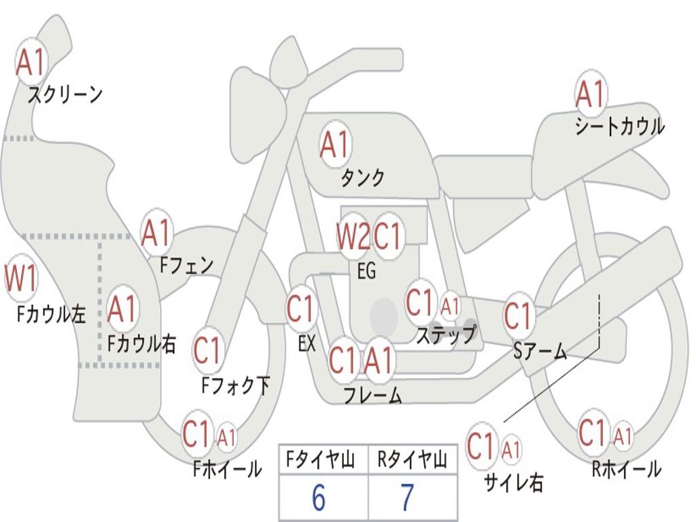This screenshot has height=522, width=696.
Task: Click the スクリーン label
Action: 65,94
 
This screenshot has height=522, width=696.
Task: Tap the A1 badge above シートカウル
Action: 591,94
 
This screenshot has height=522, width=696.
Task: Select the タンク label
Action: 363,178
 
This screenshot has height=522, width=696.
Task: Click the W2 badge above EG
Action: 353,238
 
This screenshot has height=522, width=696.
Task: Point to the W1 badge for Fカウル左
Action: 20,279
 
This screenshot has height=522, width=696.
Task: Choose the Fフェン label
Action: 186,265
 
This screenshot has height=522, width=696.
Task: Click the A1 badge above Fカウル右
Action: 123,309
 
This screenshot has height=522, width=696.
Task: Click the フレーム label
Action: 372,395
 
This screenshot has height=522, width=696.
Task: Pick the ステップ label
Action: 446,335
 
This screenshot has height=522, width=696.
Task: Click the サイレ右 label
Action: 514,482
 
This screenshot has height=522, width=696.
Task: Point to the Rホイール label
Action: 626,469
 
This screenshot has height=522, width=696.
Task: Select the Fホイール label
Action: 227,469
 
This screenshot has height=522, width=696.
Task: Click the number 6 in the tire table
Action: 318,498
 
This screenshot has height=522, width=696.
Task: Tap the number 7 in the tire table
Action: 407,498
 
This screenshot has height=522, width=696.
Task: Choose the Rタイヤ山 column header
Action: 412,462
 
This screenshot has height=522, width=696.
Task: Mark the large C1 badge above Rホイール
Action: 592,432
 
